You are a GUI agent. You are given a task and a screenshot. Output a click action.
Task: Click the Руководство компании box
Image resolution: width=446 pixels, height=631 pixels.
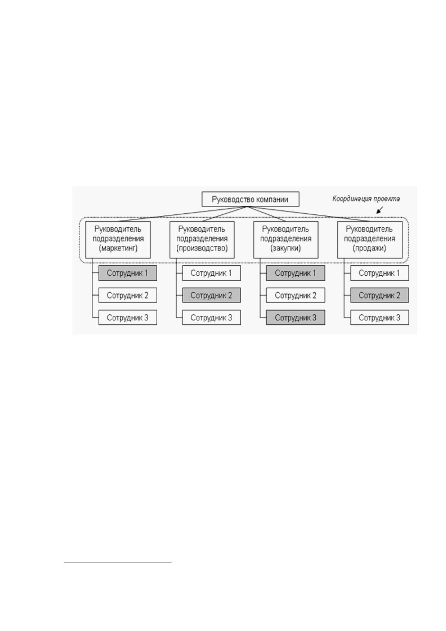tap(250, 199)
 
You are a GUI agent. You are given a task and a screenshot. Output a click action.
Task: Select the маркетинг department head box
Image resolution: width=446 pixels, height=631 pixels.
tap(118, 239)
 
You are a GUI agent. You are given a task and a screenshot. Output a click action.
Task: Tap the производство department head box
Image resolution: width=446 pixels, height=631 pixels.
tap(202, 239)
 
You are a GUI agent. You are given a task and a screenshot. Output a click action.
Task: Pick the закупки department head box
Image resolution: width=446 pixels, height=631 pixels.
tap(286, 239)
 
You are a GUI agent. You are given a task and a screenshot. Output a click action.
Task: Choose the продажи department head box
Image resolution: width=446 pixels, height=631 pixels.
tap(370, 239)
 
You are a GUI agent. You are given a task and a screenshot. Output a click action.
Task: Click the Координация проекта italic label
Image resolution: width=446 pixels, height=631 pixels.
tap(366, 199)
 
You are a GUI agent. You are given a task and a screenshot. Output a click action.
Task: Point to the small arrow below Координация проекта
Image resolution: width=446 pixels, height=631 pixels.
tap(380, 210)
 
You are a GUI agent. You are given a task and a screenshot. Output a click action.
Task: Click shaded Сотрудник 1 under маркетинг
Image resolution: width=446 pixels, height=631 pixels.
tap(128, 273)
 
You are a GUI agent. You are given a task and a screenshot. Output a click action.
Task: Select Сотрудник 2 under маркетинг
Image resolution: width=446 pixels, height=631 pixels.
tap(128, 295)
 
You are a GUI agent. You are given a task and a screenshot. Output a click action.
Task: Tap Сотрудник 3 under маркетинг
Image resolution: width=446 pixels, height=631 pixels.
tap(128, 317)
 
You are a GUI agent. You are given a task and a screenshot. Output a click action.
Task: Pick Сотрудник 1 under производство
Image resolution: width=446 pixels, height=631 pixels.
tap(212, 273)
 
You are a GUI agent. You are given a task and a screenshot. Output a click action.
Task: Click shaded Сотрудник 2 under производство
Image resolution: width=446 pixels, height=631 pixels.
tap(212, 295)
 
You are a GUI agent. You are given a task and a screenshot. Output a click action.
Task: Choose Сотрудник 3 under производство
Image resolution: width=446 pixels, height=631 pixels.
tap(212, 317)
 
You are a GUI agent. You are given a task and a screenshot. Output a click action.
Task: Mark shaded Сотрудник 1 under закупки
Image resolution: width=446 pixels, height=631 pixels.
tap(295, 273)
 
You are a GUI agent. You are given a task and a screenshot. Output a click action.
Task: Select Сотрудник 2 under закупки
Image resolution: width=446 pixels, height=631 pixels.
tap(295, 295)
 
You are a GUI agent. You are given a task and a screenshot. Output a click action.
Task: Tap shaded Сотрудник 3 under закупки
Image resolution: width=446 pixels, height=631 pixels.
tap(295, 317)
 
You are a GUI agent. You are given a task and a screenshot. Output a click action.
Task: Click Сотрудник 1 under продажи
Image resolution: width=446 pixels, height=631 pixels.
tap(380, 273)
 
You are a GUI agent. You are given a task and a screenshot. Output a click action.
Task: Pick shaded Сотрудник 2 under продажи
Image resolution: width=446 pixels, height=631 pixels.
tap(380, 295)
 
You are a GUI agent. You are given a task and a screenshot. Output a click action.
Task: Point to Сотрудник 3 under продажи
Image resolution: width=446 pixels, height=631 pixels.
tap(380, 317)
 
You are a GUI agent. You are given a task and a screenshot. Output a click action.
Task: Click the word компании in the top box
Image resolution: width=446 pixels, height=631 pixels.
tap(270, 199)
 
